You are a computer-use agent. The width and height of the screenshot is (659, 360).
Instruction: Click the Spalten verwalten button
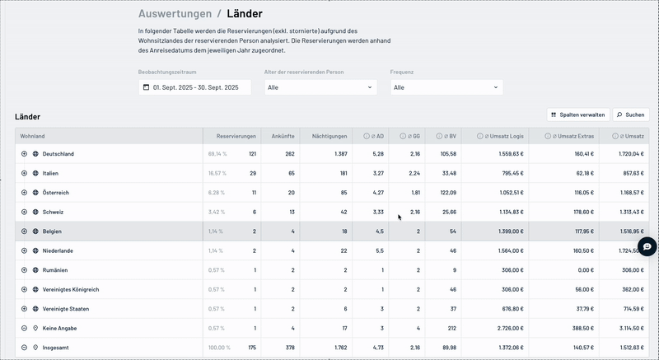click(578, 115)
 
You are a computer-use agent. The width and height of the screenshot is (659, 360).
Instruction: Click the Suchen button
click(630, 115)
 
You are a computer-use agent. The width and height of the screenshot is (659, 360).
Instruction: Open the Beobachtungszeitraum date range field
click(194, 87)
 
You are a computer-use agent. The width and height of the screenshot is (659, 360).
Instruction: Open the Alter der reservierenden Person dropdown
click(320, 87)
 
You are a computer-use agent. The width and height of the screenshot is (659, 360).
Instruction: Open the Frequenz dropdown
click(446, 87)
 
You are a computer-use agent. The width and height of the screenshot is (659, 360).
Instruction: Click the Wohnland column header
click(33, 135)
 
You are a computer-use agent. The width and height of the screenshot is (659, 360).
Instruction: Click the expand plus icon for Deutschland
click(24, 154)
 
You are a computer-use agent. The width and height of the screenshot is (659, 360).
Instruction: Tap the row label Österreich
click(56, 193)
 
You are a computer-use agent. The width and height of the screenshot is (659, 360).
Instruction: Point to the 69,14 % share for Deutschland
click(217, 154)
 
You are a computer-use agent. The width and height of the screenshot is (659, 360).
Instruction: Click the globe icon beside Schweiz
click(35, 212)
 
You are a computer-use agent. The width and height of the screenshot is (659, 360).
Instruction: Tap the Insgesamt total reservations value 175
click(251, 348)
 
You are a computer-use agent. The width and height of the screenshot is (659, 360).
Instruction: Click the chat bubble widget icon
click(648, 245)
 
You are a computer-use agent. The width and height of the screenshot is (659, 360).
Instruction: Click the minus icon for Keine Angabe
click(24, 328)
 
